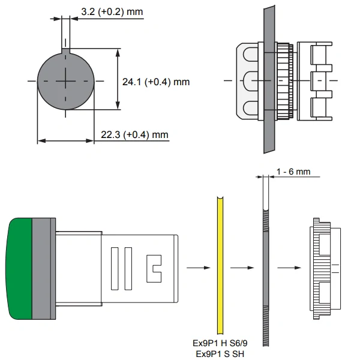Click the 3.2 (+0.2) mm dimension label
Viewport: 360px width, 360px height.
click(112, 11)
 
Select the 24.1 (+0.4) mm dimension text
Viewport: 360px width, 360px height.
click(156, 82)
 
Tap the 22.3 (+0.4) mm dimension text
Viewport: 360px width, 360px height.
click(134, 134)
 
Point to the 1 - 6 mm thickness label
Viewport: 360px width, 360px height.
click(293, 172)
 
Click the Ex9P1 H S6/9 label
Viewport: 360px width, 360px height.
click(220, 343)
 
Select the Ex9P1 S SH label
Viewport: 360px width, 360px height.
click(220, 354)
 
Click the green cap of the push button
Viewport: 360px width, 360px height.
click(19, 269)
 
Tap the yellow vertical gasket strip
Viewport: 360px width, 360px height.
click(220, 265)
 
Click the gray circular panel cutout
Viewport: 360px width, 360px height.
click(65, 81)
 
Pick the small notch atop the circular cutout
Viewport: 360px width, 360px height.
click(65, 51)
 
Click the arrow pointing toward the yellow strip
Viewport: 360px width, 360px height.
click(199, 268)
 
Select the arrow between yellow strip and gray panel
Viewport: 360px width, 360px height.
click(242, 268)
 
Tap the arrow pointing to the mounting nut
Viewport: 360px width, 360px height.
click(289, 268)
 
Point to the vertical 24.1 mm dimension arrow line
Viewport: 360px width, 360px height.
click(118, 79)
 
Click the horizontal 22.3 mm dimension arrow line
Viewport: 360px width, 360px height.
click(65, 140)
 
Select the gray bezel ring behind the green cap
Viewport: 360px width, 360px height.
click(44, 269)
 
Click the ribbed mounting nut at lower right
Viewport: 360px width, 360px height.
click(325, 269)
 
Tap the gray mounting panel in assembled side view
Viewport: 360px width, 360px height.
click(269, 79)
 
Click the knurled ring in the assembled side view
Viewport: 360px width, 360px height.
click(284, 81)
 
